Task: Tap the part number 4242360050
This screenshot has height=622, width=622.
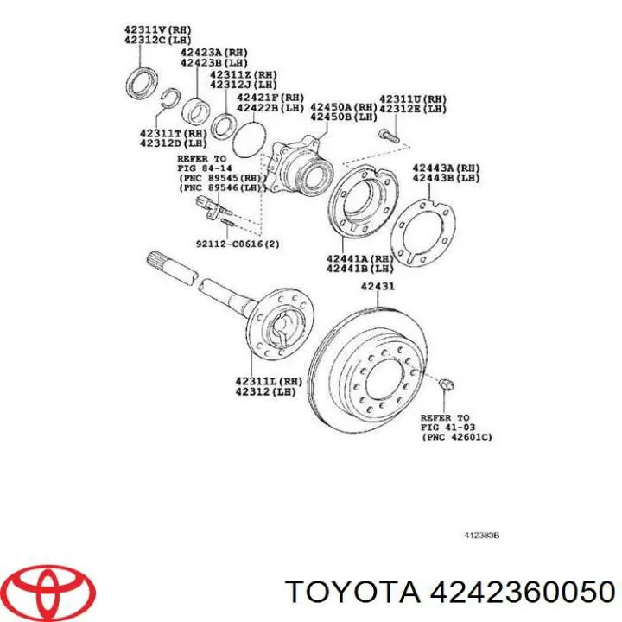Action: click(522, 593)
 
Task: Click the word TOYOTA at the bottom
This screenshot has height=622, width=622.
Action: click(353, 593)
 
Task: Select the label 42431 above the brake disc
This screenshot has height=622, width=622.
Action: click(378, 286)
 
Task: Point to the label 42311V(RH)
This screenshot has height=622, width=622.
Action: click(158, 29)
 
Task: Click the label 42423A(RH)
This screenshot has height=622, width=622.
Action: click(214, 53)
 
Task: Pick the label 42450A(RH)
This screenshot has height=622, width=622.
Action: click(344, 107)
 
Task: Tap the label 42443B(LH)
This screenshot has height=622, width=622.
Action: click(447, 178)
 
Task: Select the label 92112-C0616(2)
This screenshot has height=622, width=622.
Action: click(238, 244)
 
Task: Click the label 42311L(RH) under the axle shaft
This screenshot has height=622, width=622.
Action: click(269, 382)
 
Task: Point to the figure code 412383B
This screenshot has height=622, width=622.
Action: click(481, 536)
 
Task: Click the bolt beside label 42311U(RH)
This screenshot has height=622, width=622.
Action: click(389, 136)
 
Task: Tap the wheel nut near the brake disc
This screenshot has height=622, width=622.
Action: click(447, 384)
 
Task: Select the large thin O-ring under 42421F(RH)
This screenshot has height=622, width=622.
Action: click(248, 140)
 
